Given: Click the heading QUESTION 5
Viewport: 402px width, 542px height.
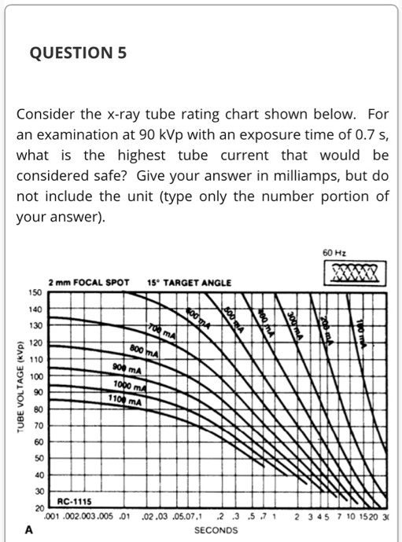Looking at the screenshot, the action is pyautogui.click(x=77, y=53).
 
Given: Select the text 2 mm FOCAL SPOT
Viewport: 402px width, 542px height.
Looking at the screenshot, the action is pyautogui.click(x=88, y=281).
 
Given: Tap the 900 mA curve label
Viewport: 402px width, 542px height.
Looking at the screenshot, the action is pyautogui.click(x=128, y=370).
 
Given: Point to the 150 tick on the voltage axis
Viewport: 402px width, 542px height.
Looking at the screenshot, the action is pyautogui.click(x=35, y=292).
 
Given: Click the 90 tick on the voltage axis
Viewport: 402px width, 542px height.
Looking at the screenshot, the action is pyautogui.click(x=35, y=391).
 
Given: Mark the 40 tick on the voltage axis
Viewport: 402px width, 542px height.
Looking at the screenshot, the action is pyautogui.click(x=35, y=474).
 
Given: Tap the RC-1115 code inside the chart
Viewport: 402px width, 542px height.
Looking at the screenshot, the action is pyautogui.click(x=73, y=500).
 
